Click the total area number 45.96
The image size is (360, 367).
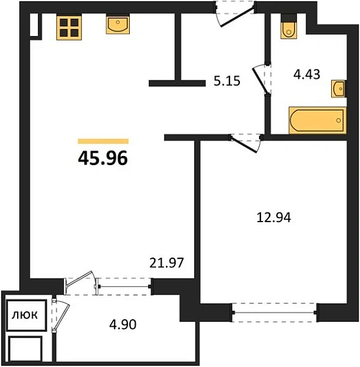click(103, 158)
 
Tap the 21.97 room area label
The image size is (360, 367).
click(167, 263)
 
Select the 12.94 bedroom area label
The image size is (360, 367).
click(274, 218)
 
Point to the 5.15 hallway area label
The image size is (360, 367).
click(227, 81)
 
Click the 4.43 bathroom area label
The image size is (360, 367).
click(307, 75)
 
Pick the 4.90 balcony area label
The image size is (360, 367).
click(123, 324)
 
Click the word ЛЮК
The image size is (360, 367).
click(25, 315)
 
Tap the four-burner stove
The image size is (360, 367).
click(69, 28)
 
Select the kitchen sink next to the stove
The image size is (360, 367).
click(118, 24)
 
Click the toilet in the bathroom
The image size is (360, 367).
click(289, 27)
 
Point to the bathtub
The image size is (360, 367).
click(317, 121)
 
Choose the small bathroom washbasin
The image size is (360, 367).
click(338, 88)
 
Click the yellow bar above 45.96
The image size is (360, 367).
click(103, 141)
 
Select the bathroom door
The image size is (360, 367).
click(262, 79)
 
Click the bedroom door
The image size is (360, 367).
click(245, 143)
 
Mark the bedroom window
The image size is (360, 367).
click(274, 313)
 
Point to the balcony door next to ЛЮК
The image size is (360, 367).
click(61, 315)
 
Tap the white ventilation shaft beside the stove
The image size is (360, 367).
click(34, 25)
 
